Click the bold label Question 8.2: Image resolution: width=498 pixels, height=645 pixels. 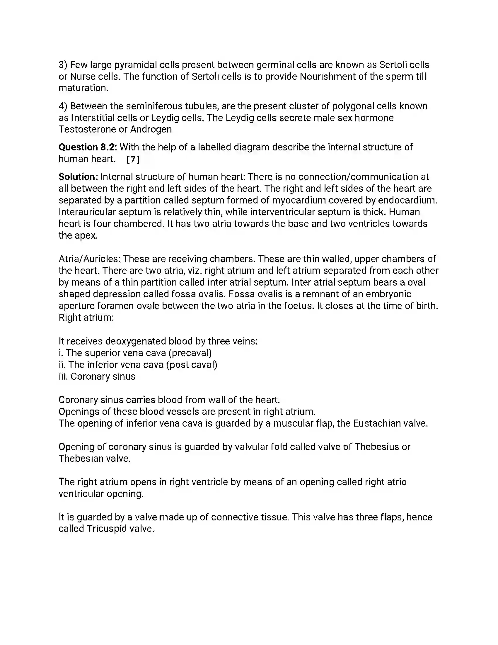point(88,147)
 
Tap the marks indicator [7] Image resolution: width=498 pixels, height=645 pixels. point(133,159)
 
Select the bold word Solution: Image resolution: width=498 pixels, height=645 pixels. point(78,177)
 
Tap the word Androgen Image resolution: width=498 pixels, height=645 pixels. point(151,129)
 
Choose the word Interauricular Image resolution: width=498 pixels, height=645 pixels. point(87,212)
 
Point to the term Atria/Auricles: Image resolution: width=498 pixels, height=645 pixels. point(89,259)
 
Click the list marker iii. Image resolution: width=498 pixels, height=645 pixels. point(63,376)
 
